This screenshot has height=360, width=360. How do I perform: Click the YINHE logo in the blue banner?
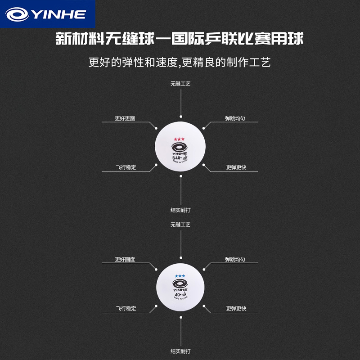46,14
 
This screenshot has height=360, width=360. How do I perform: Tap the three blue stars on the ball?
180,275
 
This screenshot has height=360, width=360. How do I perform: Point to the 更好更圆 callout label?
125,119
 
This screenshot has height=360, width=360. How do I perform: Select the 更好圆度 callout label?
125,260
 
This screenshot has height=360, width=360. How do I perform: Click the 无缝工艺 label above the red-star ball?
180,84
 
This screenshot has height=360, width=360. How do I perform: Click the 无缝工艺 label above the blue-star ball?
180,224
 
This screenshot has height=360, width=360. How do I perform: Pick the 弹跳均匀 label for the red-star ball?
236,119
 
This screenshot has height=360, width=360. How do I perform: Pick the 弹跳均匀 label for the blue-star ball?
236,260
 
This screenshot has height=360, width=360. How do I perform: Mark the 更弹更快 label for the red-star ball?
236,167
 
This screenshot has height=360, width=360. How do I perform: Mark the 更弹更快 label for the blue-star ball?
236,309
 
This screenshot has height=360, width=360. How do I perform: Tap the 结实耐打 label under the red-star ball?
180,210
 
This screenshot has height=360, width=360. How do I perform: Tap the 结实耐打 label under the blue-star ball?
180,351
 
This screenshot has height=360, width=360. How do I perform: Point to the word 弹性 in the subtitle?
131,62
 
